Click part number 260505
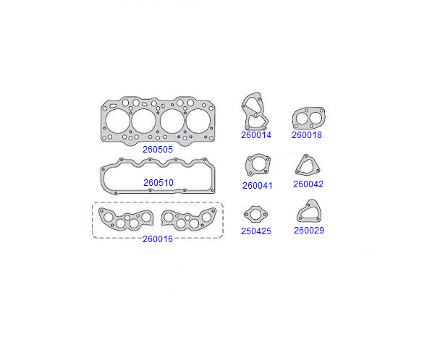coord(158,150)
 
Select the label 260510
coord(158,183)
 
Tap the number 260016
coord(158,239)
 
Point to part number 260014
coord(256,135)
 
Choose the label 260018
coord(307,135)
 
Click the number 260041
coord(258,186)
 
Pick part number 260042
coord(308,184)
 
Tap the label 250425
coord(256,231)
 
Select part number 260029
coord(309,231)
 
